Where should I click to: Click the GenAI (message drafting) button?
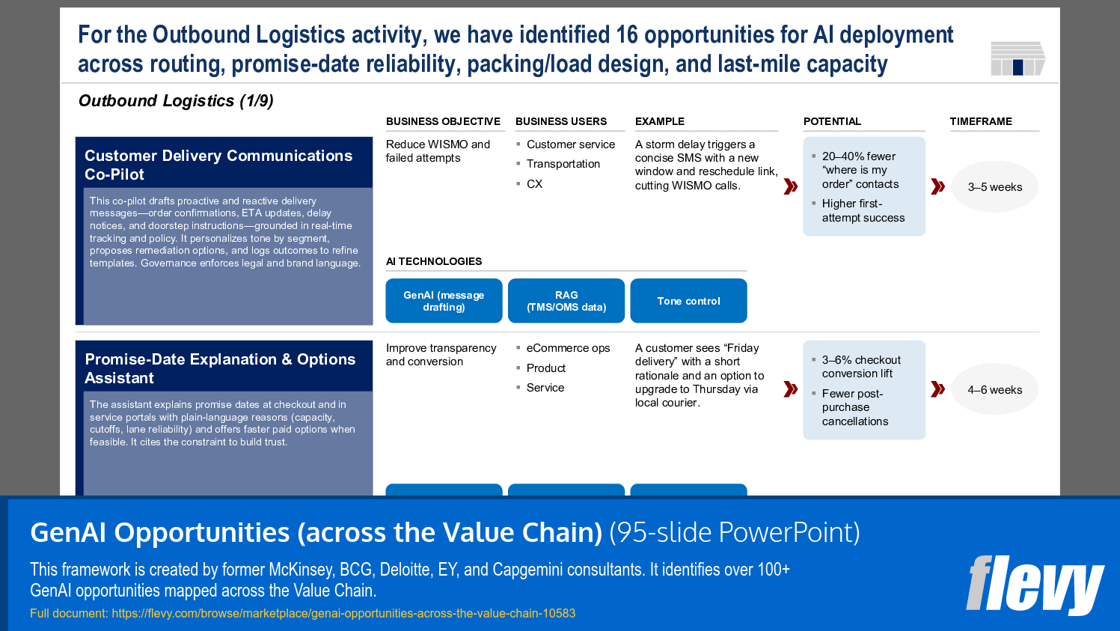pos(444,301)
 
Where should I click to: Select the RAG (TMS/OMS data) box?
pos(566,301)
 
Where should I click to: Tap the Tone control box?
pos(688,301)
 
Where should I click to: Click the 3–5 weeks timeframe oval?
pos(994,187)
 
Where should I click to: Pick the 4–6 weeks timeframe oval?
pos(994,390)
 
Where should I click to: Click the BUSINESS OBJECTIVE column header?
pos(443,121)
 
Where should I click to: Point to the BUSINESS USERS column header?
pos(561,121)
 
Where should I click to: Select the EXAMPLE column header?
pos(660,121)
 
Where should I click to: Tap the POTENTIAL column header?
pos(832,121)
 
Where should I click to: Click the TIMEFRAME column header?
pos(981,121)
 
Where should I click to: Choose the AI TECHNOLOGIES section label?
pos(434,261)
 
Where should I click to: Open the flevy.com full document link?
pos(343,613)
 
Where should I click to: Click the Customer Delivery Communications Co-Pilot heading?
pos(218,165)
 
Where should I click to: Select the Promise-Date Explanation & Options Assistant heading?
pos(220,368)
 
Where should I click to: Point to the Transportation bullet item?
pos(563,164)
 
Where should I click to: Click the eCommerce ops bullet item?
pos(568,348)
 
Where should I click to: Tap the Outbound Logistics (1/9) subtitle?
pos(176,101)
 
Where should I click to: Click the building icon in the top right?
pos(1017,58)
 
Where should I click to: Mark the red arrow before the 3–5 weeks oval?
pos(937,186)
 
